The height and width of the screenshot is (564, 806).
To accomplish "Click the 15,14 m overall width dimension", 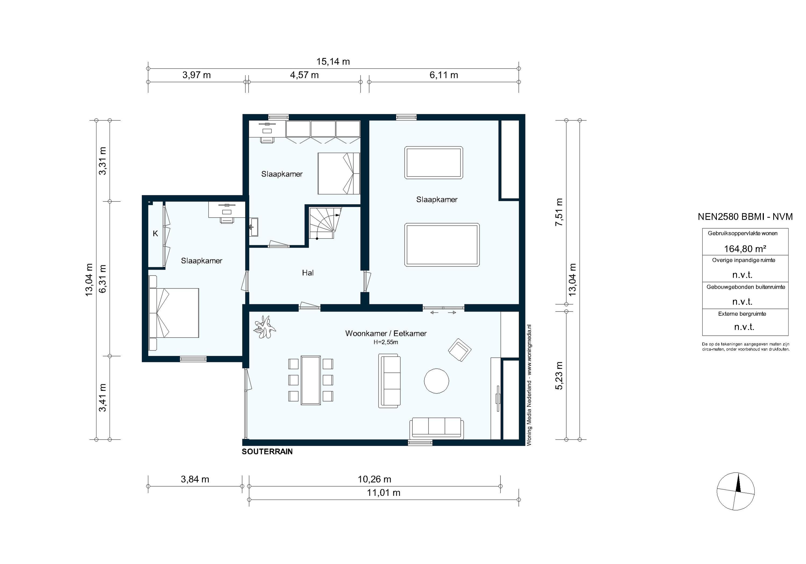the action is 333,62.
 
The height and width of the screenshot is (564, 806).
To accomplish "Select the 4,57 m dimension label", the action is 304,75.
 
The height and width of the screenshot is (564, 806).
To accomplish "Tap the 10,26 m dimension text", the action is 375,479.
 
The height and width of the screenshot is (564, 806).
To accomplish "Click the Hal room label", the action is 308,273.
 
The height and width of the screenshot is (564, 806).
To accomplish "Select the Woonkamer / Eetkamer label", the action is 386,333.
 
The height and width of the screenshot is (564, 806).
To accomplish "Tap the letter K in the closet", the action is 156,233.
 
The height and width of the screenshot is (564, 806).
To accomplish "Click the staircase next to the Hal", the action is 325,223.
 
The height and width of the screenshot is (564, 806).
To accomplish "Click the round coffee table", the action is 436,381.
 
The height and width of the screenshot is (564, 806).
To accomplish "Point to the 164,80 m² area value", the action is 745,249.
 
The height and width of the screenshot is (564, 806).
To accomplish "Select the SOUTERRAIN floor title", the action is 267,452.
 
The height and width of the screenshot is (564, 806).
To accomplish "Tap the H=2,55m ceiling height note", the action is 386,342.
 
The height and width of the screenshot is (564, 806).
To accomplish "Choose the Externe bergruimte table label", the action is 742,314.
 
